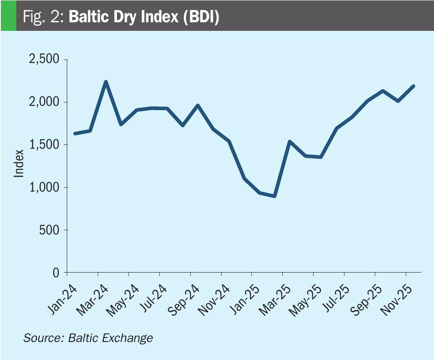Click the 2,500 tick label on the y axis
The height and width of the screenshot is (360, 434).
(44, 60)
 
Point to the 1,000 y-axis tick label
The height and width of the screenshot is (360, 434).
(44, 187)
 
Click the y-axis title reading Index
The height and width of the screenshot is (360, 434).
(18, 163)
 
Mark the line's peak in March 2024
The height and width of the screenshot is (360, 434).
(106, 82)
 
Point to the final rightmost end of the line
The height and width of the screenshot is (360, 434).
(413, 86)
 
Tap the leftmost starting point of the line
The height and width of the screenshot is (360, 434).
(75, 134)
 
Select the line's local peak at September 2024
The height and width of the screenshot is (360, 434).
(198, 105)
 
